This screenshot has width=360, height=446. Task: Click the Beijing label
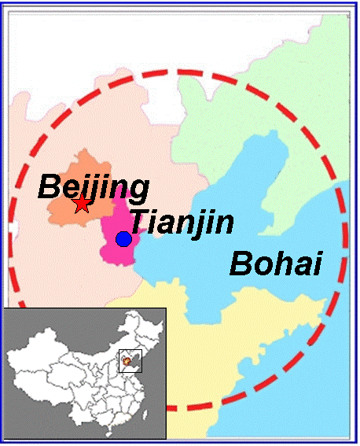coord(94,186)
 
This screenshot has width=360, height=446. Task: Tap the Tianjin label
coord(181,222)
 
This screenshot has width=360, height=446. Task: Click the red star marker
coord(82,205)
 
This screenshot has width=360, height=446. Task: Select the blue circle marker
coord(123,239)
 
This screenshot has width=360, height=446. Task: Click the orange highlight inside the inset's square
coord(127,362)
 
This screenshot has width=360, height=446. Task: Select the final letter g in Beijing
coord(138,190)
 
